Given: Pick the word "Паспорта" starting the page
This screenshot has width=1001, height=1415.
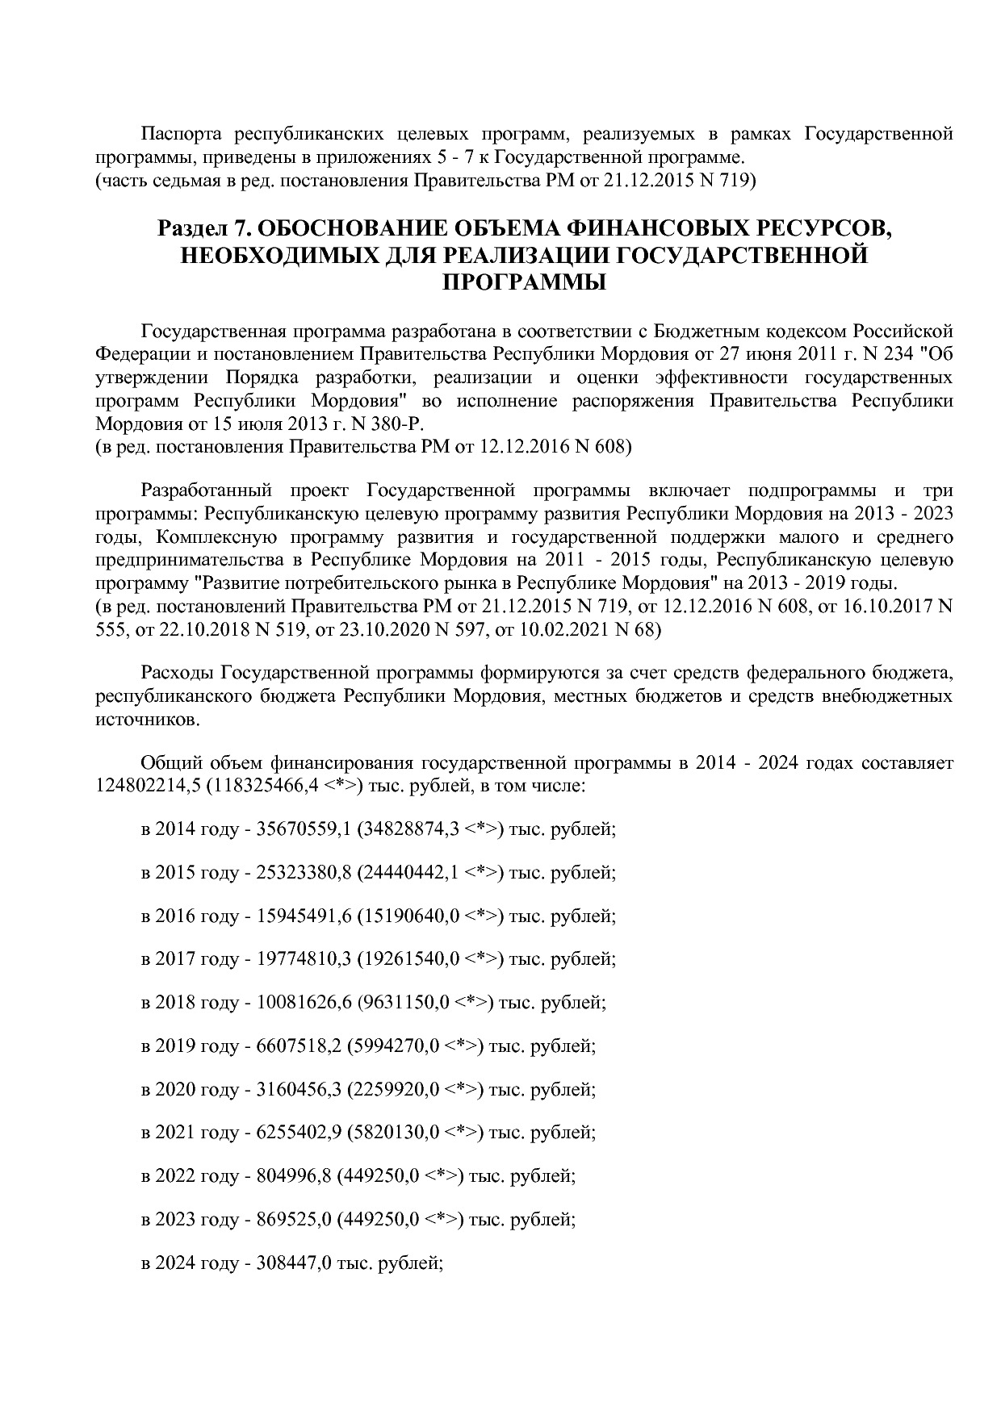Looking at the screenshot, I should [x=182, y=133].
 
